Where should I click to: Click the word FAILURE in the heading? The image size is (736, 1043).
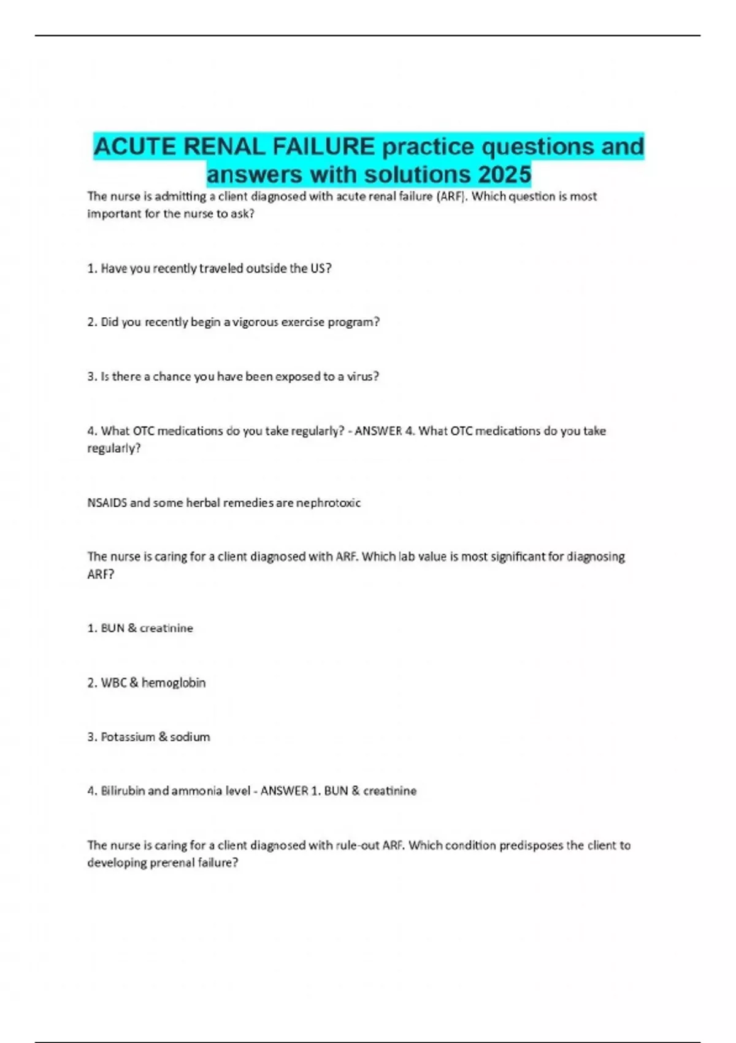pyautogui.click(x=323, y=147)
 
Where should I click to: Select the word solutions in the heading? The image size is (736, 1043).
pyautogui.click(x=417, y=175)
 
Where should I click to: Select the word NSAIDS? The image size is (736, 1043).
pyautogui.click(x=107, y=502)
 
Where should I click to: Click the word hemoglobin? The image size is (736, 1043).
pyautogui.click(x=174, y=682)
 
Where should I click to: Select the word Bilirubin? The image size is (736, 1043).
pyautogui.click(x=123, y=790)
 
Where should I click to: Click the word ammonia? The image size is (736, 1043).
pyautogui.click(x=197, y=790)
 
